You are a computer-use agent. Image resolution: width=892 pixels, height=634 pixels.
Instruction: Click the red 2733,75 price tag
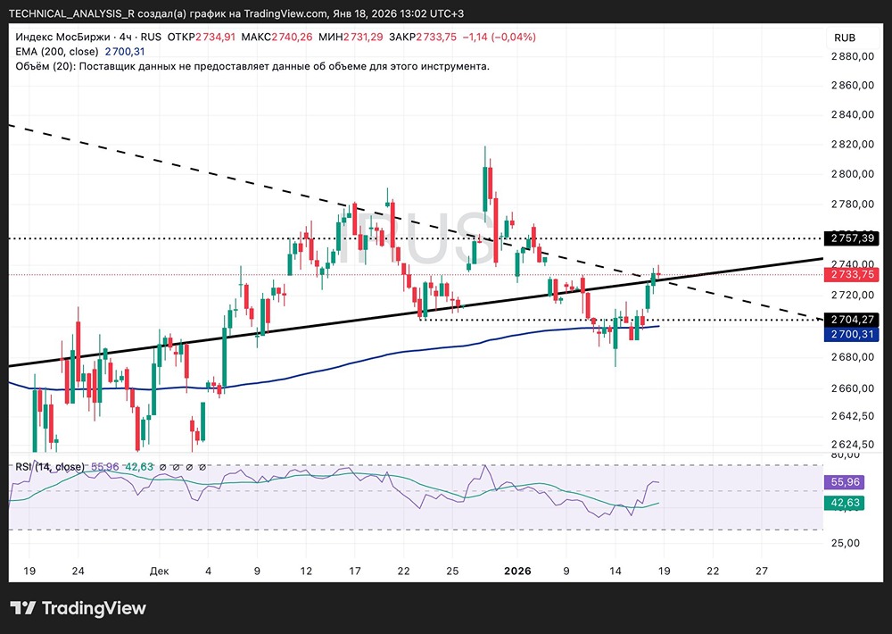click(x=854, y=275)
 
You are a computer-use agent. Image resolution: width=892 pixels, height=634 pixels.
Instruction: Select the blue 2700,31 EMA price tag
click(x=854, y=334)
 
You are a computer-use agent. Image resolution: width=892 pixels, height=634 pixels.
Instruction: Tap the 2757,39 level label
click(x=854, y=238)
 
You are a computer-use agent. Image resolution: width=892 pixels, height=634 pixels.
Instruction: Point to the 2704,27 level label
click(x=854, y=319)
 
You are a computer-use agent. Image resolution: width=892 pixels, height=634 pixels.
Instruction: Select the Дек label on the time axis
click(x=160, y=570)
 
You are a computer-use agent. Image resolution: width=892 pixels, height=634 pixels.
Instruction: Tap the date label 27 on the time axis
click(x=761, y=570)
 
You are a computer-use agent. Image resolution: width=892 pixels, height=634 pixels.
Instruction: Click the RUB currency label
click(x=844, y=38)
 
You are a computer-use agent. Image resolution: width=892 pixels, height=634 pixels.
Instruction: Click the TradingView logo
click(x=78, y=609)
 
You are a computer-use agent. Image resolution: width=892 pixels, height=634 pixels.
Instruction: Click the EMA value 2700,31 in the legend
click(x=124, y=52)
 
